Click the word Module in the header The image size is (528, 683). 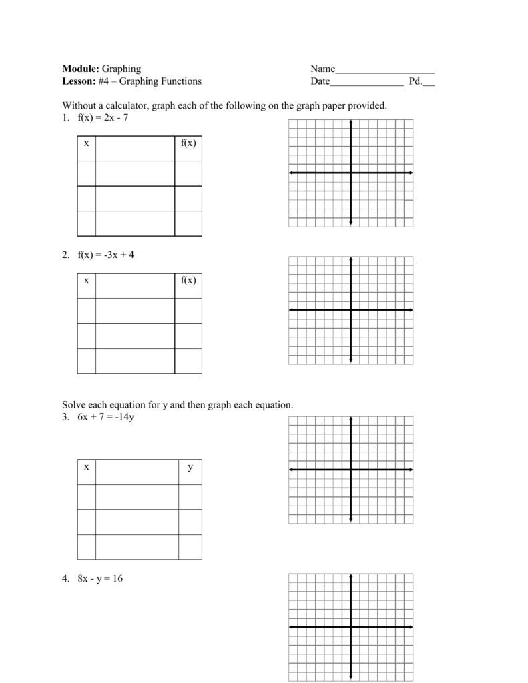pyautogui.click(x=80, y=69)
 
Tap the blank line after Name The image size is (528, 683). pyautogui.click(x=385, y=70)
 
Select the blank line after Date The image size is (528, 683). pyautogui.click(x=366, y=83)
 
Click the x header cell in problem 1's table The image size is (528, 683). pyautogui.click(x=86, y=143)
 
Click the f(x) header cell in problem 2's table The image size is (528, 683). pyautogui.click(x=188, y=280)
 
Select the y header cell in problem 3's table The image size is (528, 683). pyautogui.click(x=190, y=468)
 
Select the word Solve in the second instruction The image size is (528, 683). pyautogui.click(x=73, y=405)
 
